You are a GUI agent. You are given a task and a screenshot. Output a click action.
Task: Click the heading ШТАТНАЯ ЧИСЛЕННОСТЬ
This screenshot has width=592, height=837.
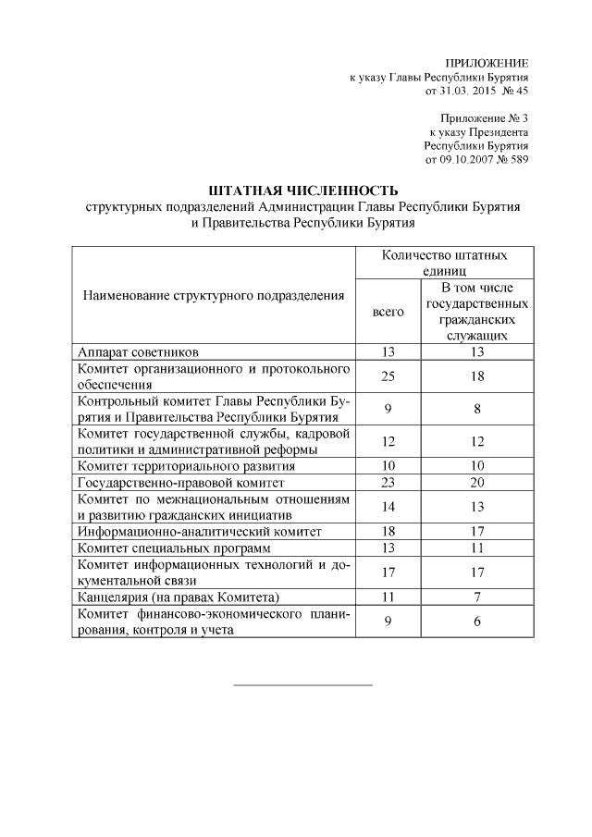pyautogui.click(x=302, y=191)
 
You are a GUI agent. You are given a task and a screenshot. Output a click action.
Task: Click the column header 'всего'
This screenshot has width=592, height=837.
pyautogui.click(x=388, y=312)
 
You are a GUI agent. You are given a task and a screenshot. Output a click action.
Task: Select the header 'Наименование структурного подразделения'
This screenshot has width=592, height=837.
pyautogui.click(x=214, y=296)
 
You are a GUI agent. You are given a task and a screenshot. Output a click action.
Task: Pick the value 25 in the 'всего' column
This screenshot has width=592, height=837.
pyautogui.click(x=388, y=376)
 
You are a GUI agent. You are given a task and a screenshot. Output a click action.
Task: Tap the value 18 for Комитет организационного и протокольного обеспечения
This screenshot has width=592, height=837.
pyautogui.click(x=476, y=376)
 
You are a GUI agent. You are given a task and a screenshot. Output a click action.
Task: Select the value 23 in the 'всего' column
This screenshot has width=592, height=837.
pyautogui.click(x=388, y=482)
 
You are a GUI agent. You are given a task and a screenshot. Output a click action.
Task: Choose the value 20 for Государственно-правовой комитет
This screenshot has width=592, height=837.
pyautogui.click(x=476, y=482)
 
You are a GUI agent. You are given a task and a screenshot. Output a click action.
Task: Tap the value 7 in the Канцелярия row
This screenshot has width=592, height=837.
pyautogui.click(x=476, y=597)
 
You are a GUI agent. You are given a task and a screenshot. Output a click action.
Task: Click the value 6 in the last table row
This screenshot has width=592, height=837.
pyautogui.click(x=476, y=622)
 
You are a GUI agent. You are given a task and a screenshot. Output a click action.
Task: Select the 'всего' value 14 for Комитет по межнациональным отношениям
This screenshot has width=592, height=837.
pyautogui.click(x=388, y=507)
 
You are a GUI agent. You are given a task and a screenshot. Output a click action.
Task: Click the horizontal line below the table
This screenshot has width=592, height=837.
pyautogui.click(x=302, y=685)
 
